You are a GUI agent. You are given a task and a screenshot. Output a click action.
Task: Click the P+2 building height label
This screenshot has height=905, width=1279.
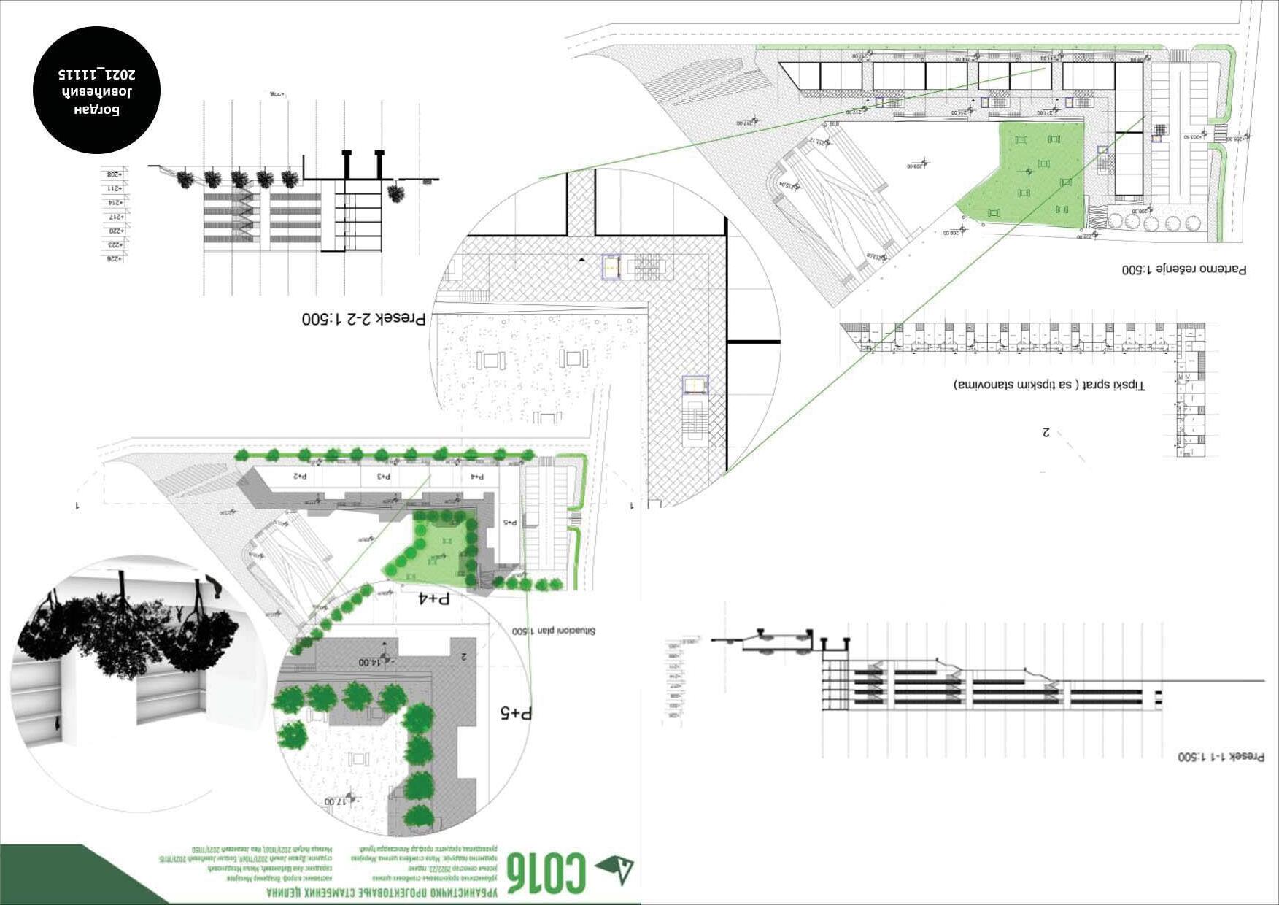coord(300,476)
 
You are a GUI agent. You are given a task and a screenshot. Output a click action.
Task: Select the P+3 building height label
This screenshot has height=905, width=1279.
coord(384,476)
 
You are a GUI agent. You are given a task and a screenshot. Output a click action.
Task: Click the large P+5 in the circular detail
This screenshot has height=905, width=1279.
coord(516,712)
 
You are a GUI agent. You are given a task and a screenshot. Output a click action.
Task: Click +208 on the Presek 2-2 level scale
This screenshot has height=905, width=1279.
coord(115,174)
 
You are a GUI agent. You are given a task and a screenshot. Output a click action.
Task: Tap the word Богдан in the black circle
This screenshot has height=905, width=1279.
coord(97,110)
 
